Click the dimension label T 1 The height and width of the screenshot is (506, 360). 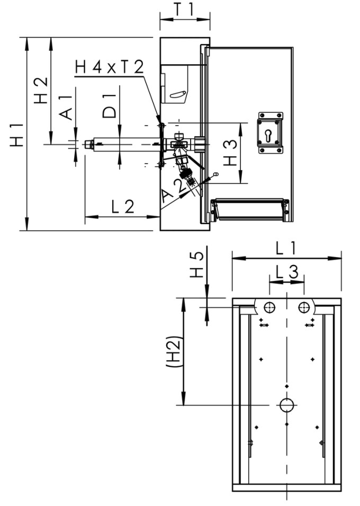(x=185, y=10)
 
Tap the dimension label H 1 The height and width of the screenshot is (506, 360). (x=17, y=135)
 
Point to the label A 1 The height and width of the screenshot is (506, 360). (x=66, y=107)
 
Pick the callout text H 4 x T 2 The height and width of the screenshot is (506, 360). (x=109, y=67)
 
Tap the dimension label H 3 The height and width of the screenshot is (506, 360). (x=230, y=153)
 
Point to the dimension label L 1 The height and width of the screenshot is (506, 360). (x=286, y=247)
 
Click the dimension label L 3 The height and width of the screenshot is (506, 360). (x=286, y=272)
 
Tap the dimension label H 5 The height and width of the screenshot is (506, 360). (x=196, y=264)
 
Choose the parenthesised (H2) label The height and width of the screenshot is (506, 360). (x=174, y=352)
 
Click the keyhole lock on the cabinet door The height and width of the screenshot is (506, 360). (x=271, y=132)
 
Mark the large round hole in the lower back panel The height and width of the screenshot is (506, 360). (x=286, y=405)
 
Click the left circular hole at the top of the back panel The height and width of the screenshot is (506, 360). (x=270, y=307)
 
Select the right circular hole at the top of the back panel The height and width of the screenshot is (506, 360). (x=303, y=307)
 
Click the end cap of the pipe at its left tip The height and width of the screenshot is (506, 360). (x=88, y=144)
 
